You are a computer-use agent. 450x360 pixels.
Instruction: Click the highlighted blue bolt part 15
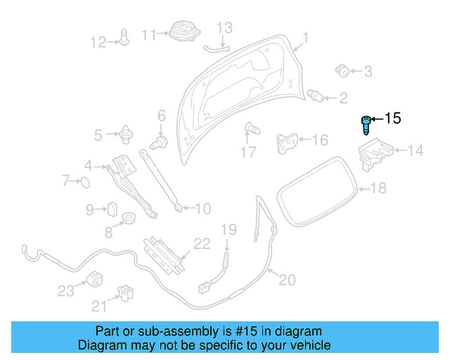[366, 126]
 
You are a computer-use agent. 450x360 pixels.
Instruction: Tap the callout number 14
[416, 150]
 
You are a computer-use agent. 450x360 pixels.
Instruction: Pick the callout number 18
[378, 188]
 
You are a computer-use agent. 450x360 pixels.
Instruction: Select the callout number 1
[305, 37]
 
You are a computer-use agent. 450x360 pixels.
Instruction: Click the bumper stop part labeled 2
[316, 96]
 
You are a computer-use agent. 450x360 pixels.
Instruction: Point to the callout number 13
[224, 28]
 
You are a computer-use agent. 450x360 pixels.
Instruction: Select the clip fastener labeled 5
[127, 133]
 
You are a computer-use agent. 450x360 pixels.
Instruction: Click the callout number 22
[202, 243]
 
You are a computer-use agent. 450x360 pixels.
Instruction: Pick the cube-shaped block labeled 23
[93, 278]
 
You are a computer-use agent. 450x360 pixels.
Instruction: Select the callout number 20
[286, 279]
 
